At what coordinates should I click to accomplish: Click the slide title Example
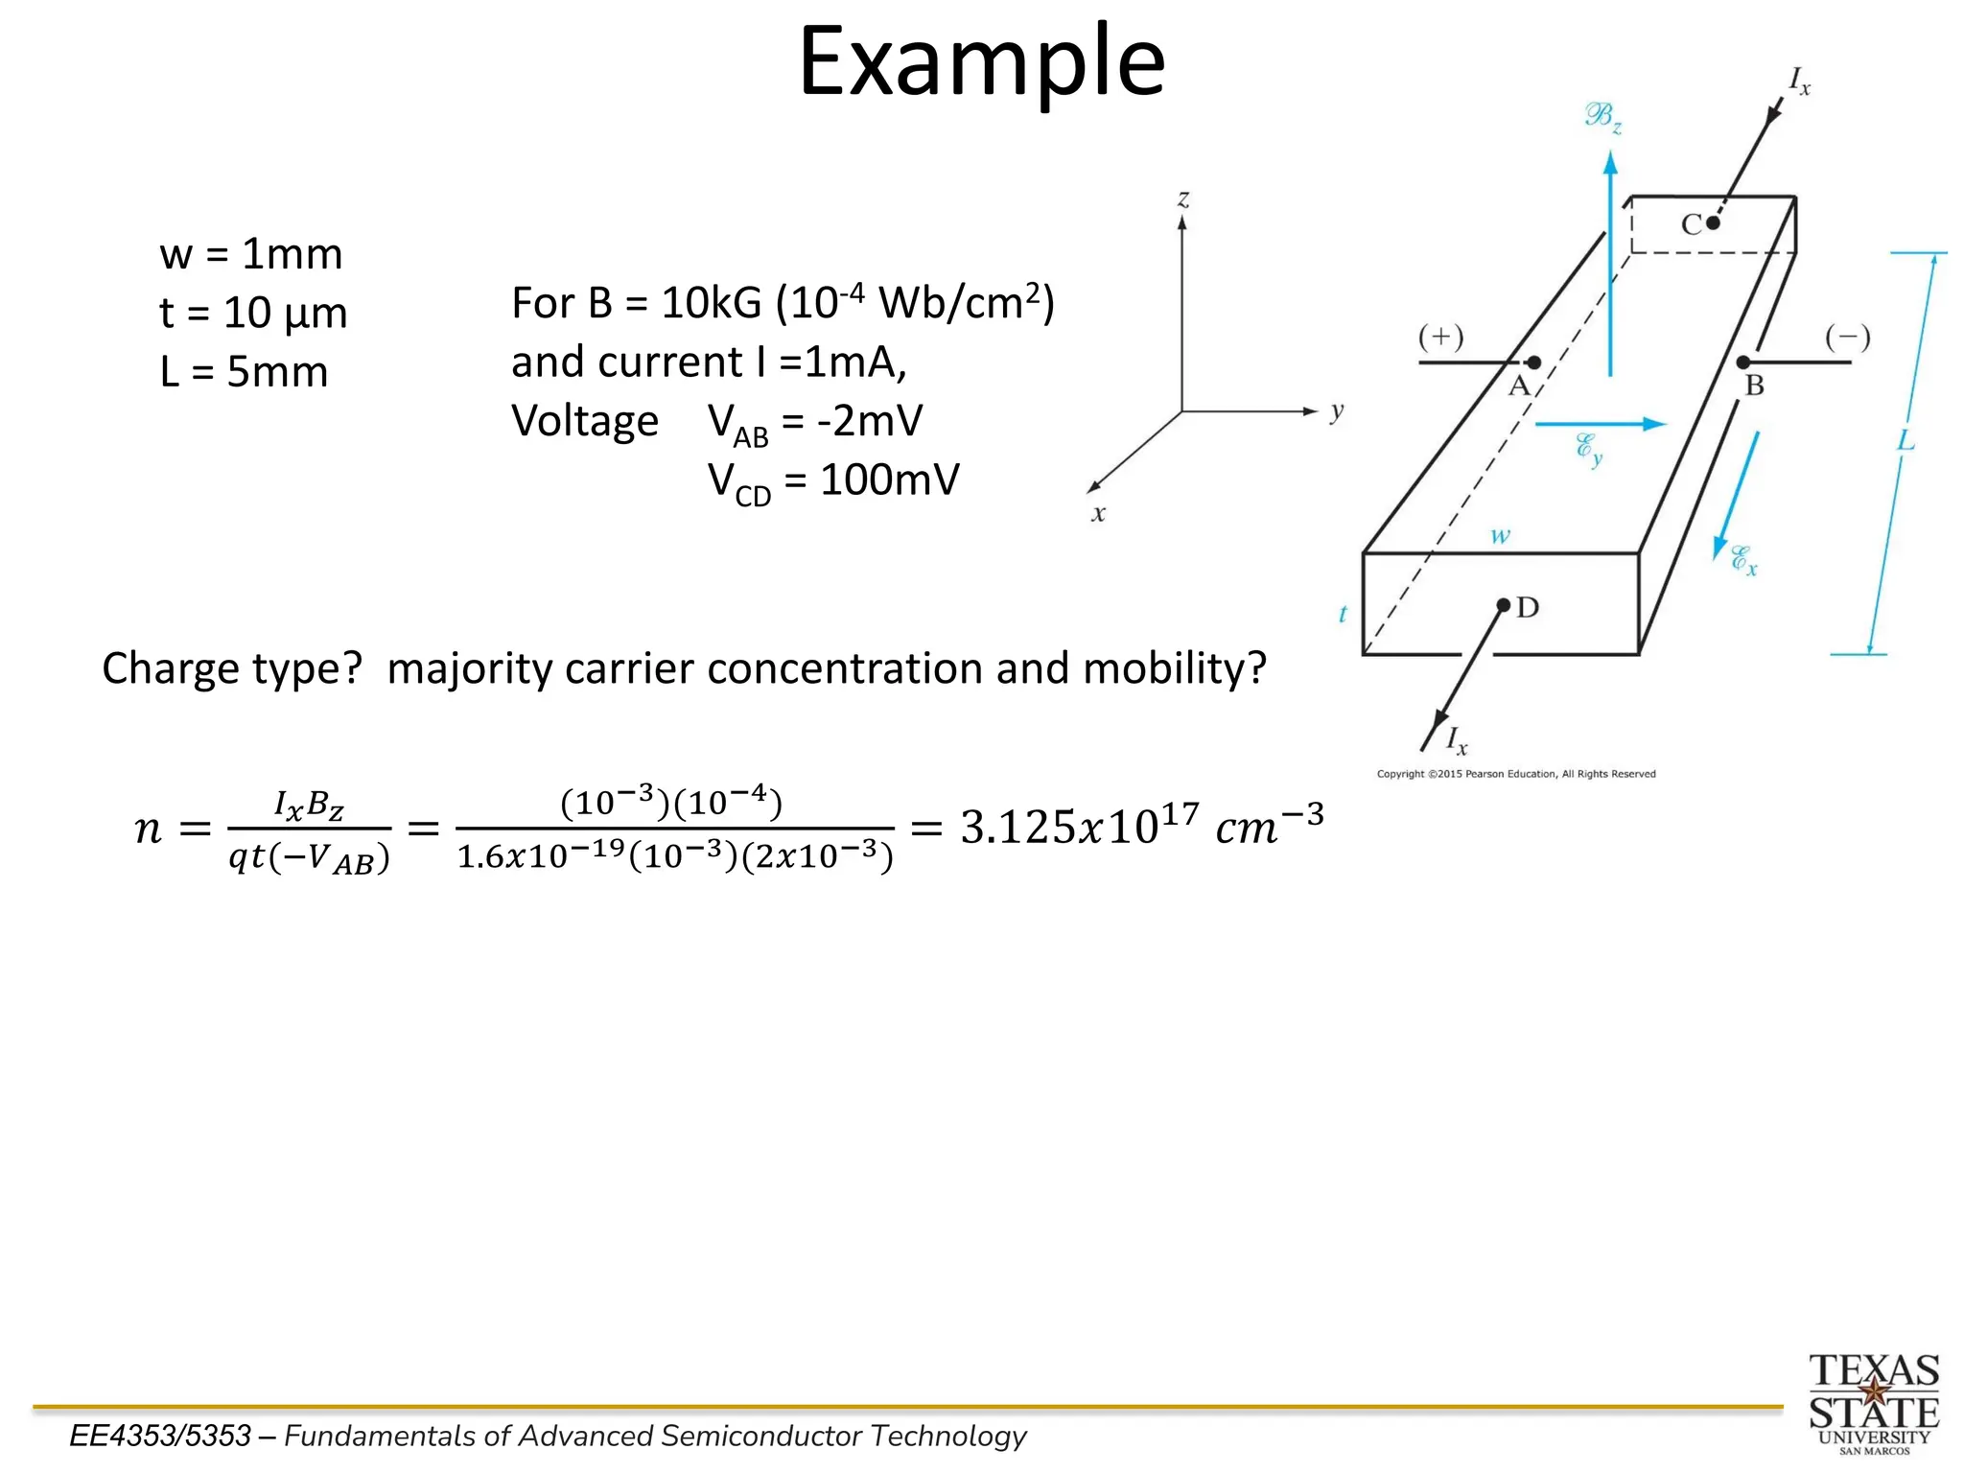pyautogui.click(x=981, y=63)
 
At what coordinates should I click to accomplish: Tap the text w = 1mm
pyautogui.click(x=251, y=254)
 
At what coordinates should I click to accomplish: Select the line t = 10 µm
pyautogui.click(x=253, y=313)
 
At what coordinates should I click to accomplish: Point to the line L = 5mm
pyautogui.click(x=244, y=372)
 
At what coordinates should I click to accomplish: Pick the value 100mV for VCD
pyautogui.click(x=889, y=479)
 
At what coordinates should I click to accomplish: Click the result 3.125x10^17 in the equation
pyautogui.click(x=1079, y=827)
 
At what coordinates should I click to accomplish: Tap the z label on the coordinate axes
pyautogui.click(x=1183, y=199)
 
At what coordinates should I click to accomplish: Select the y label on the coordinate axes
pyautogui.click(x=1337, y=411)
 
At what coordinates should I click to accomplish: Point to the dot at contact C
pyautogui.click(x=1713, y=223)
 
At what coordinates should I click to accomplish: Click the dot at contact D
pyautogui.click(x=1504, y=605)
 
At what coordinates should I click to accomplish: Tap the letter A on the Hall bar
pyautogui.click(x=1518, y=386)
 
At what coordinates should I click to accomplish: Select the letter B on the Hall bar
pyautogui.click(x=1754, y=386)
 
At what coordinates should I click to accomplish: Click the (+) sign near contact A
pyautogui.click(x=1440, y=337)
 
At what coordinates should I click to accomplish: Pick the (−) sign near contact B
pyautogui.click(x=1847, y=337)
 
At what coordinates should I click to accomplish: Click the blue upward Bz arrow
pyautogui.click(x=1610, y=269)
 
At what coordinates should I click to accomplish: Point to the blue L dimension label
pyautogui.click(x=1906, y=441)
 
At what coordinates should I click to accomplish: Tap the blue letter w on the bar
pyautogui.click(x=1500, y=536)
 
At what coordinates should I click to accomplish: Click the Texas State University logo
pyautogui.click(x=1873, y=1403)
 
